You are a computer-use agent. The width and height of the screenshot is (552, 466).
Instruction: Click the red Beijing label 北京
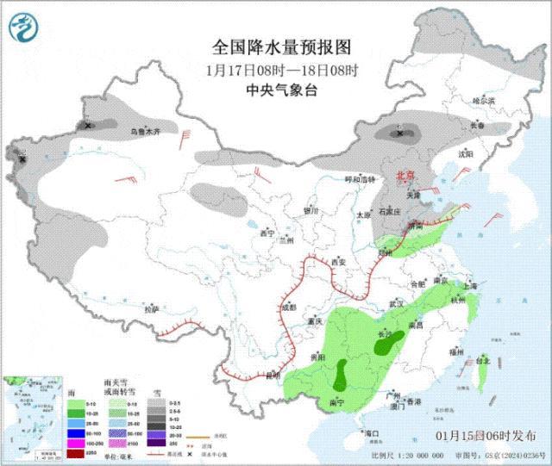(x=405, y=175)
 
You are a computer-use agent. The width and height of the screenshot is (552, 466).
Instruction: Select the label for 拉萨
(x=152, y=308)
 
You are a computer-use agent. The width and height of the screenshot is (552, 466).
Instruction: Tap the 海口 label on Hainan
(x=372, y=432)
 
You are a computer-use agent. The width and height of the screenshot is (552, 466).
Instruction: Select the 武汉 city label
(x=397, y=304)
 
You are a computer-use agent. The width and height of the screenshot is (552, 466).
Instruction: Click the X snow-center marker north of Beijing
(x=398, y=133)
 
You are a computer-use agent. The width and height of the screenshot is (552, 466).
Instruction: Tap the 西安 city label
(x=338, y=261)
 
